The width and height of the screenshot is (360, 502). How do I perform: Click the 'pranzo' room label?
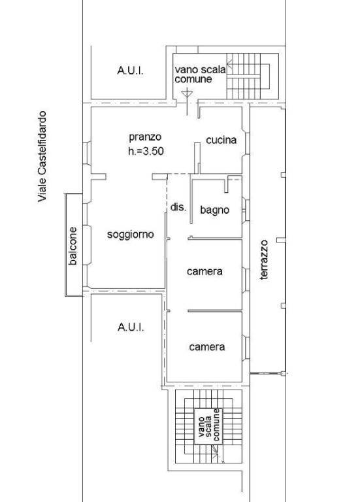[145, 137]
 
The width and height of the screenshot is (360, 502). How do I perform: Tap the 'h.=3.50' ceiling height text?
[146, 151]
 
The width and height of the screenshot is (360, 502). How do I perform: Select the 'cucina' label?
[221, 140]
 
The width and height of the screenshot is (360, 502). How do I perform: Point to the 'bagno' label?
[215, 210]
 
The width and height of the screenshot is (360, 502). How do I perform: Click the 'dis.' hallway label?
[178, 207]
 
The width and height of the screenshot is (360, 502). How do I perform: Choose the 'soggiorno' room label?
[130, 235]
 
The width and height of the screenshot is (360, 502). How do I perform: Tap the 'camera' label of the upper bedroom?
[205, 271]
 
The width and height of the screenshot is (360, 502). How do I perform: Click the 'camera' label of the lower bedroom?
[206, 346]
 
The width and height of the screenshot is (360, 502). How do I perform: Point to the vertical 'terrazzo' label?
[264, 260]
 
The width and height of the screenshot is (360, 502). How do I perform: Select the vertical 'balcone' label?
[73, 246]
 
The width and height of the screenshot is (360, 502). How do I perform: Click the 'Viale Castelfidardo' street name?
[42, 156]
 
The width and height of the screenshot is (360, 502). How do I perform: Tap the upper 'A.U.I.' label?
[130, 71]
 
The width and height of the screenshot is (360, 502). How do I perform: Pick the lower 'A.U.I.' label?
[131, 327]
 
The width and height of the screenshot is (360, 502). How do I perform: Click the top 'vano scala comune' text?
[200, 75]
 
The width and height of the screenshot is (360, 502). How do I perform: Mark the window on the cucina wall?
[247, 143]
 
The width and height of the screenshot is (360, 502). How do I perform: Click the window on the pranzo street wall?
[87, 154]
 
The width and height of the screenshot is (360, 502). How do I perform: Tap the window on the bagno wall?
[246, 210]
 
